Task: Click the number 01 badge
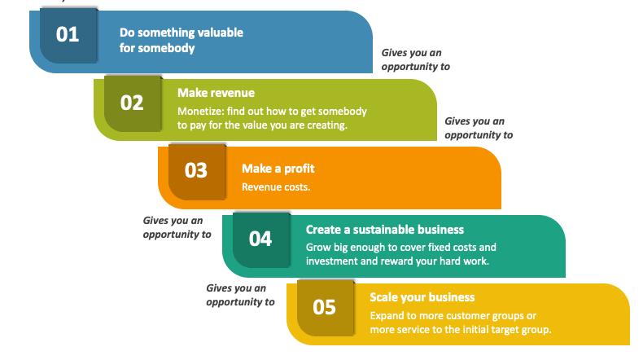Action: tap(68, 35)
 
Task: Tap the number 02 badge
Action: tap(133, 103)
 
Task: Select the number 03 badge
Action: tap(197, 172)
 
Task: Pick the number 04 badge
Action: tap(260, 239)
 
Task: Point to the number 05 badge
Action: tap(326, 308)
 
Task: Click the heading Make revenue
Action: tap(216, 93)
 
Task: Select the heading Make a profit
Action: tap(278, 169)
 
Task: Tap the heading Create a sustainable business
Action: tap(385, 230)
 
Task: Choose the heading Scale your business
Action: tap(422, 297)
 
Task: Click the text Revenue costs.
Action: tap(276, 187)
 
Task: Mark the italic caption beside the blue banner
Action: tap(415, 59)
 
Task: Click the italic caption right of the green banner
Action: tap(479, 128)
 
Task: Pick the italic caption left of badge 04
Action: tap(177, 227)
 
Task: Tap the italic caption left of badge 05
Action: tap(240, 295)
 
